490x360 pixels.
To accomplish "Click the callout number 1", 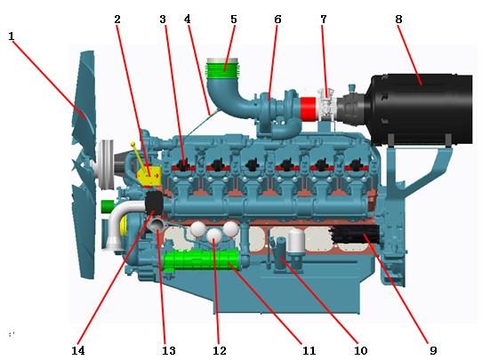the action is (12, 36).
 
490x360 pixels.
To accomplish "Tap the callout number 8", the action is (398, 20).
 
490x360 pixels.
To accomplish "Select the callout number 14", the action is (77, 350).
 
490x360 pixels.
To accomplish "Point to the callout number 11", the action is (309, 350).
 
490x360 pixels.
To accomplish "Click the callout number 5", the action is (234, 20).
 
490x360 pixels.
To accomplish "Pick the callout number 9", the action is (433, 350).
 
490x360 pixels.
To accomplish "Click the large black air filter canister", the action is (421, 109).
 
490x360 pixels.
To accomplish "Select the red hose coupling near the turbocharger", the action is (308, 108).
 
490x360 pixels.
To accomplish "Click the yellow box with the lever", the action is (149, 176).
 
